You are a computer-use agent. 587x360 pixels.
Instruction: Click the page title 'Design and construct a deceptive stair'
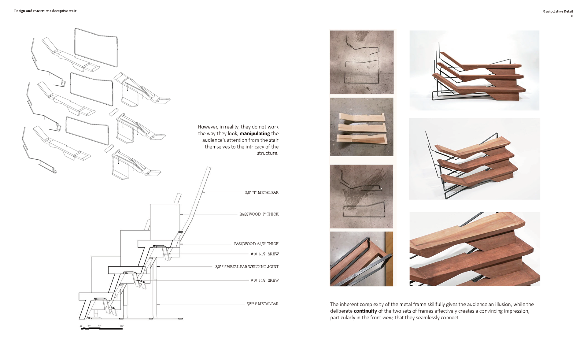tap(45, 11)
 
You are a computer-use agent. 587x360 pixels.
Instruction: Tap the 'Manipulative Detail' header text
tap(557, 11)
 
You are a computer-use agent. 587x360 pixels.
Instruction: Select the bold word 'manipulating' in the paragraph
tap(255, 133)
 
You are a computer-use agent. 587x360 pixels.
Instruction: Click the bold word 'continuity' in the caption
tap(365, 311)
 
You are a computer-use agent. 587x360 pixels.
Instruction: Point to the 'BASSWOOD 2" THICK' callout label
tap(259, 214)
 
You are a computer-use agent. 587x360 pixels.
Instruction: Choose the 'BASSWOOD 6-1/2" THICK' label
tap(256, 244)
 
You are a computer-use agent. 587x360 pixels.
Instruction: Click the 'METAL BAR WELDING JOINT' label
tap(247, 267)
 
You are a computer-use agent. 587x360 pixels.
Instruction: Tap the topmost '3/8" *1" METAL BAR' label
tap(262, 193)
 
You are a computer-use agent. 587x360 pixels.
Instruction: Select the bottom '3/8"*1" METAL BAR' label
tap(263, 304)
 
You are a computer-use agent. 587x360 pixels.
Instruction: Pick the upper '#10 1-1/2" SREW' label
tap(265, 254)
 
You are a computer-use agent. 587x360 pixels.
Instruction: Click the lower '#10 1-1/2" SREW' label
tap(265, 280)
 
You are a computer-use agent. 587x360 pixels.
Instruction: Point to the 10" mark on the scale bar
tap(122, 326)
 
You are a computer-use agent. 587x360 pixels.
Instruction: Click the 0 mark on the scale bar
tap(81, 326)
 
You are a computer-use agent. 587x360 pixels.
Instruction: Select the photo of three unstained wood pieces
tap(362, 127)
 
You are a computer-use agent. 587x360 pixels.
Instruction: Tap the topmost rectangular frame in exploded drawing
tap(96, 47)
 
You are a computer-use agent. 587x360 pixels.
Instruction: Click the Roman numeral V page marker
tap(572, 16)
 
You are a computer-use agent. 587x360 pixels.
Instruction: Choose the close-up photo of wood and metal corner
tap(362, 259)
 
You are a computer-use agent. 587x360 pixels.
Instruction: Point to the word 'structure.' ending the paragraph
tap(268, 153)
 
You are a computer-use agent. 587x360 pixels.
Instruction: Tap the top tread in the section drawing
tap(155, 243)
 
